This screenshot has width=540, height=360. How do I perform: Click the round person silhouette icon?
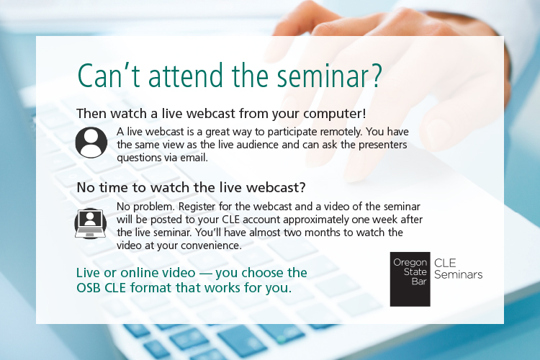click(x=91, y=142)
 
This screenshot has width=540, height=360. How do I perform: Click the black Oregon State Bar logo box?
click(x=410, y=279)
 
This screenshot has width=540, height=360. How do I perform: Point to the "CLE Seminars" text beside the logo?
click(x=458, y=269)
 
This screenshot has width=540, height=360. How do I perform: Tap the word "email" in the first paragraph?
click(x=194, y=158)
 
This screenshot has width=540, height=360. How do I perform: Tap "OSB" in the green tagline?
click(x=90, y=288)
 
